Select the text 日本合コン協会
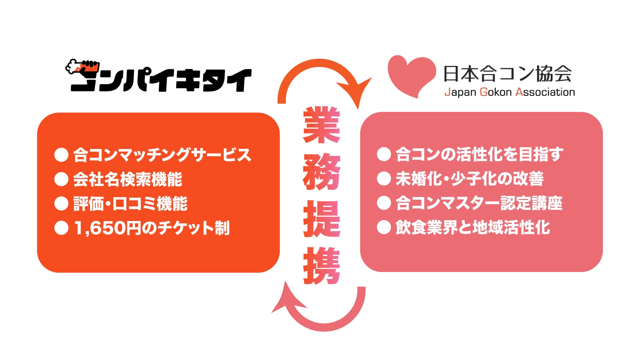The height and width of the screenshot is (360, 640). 507,74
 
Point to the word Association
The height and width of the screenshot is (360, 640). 545,92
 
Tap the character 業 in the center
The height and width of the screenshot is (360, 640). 322,125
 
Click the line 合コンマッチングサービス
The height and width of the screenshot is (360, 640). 162,155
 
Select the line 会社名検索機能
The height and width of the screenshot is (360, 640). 128,179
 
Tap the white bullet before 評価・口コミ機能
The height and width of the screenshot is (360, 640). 61,204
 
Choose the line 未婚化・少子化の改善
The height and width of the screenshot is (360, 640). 469,179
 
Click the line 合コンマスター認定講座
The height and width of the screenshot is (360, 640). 479,203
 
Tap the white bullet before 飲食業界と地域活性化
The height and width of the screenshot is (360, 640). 384,228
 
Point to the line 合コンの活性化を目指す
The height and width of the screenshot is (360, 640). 479,155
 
